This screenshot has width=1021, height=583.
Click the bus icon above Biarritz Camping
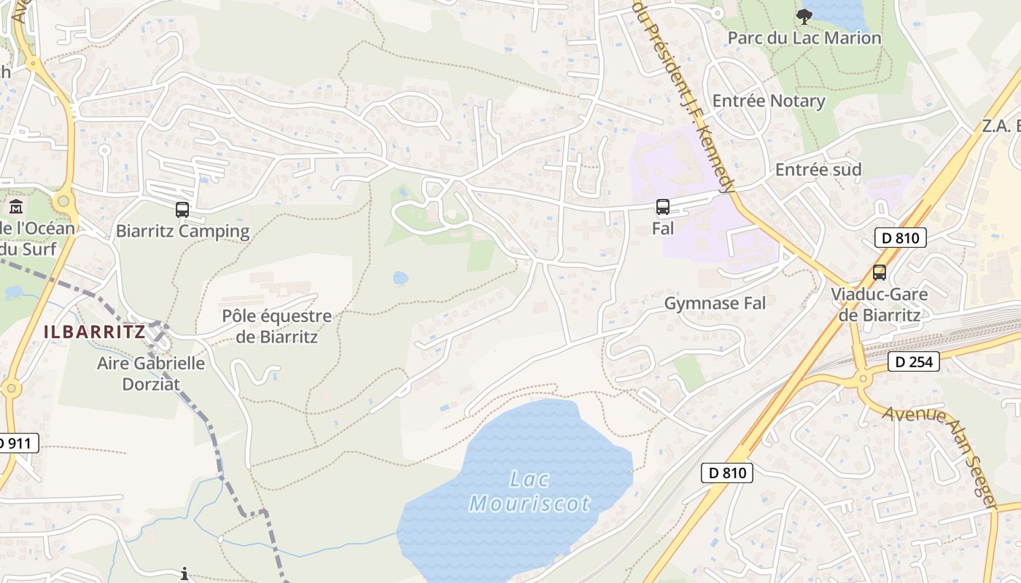tap(182, 210)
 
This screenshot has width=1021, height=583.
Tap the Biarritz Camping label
tap(182, 232)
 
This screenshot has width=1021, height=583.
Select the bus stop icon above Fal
tap(662, 207)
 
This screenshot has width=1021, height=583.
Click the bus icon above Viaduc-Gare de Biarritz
tap(880, 273)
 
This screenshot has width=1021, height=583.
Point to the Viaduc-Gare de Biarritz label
tap(880, 305)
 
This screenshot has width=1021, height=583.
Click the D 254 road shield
tap(914, 361)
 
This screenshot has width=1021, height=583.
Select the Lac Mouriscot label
tap(530, 491)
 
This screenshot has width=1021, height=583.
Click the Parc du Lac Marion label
tap(805, 38)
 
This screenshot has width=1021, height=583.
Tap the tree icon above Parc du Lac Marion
tap(804, 16)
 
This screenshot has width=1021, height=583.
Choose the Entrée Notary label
tap(769, 101)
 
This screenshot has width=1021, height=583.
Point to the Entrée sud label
tap(818, 170)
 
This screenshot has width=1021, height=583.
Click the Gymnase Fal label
tap(715, 303)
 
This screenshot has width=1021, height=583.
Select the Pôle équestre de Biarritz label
tap(277, 326)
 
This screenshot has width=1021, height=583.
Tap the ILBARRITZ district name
tap(94, 332)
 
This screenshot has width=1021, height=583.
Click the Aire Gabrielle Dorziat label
tap(151, 373)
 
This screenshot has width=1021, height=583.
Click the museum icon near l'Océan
tap(16, 207)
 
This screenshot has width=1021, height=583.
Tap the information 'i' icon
tap(185, 574)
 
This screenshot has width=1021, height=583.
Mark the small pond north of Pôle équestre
tap(400, 278)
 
